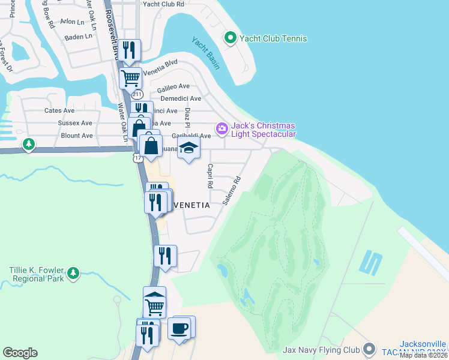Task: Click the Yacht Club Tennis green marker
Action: click(x=229, y=38)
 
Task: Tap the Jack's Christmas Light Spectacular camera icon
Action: click(x=222, y=128)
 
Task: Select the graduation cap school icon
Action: click(x=188, y=148)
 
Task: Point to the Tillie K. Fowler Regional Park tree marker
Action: click(x=73, y=274)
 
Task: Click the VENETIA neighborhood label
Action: click(x=191, y=205)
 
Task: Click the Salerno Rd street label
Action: click(x=231, y=191)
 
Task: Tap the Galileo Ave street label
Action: click(x=173, y=87)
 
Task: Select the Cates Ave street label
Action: click(x=59, y=110)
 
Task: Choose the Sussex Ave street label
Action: click(x=75, y=123)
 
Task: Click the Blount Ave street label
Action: click(x=77, y=136)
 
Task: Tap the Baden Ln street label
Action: click(x=79, y=37)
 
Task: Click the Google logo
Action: click(x=20, y=353)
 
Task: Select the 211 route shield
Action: click(x=137, y=94)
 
